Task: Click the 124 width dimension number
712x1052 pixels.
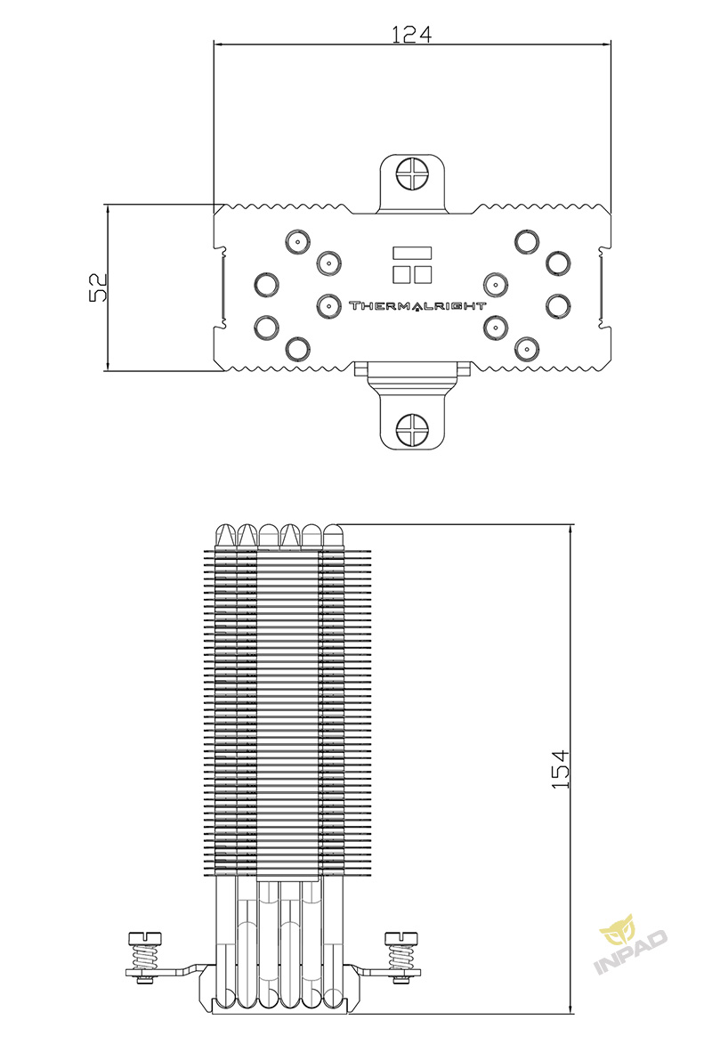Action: tap(411, 34)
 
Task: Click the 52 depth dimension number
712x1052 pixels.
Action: tap(99, 287)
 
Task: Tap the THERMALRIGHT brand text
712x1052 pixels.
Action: tap(417, 306)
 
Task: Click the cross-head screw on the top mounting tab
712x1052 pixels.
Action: tap(412, 173)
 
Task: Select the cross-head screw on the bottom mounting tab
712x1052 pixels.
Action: tap(412, 429)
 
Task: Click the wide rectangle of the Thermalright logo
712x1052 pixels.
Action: tap(413, 253)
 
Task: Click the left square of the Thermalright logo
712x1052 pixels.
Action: tap(402, 274)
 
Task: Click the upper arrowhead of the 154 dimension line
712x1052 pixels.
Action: tap(570, 530)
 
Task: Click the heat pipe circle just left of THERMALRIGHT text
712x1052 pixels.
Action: tap(328, 306)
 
